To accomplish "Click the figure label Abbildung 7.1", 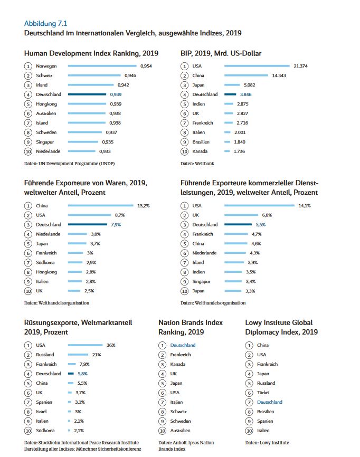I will click(45, 24).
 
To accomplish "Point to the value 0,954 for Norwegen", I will click(146, 66).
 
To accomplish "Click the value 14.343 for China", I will click(279, 75).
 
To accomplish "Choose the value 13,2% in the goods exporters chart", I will click(144, 205).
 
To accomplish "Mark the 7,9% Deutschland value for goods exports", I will click(116, 224).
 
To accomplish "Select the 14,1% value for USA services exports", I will click(305, 205).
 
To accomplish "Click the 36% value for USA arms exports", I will click(111, 345).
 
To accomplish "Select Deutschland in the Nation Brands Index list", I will click(183, 345).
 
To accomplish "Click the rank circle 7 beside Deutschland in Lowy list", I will click(250, 402).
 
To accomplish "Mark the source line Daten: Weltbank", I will click(197, 164).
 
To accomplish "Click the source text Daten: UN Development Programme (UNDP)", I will click(69, 164).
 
